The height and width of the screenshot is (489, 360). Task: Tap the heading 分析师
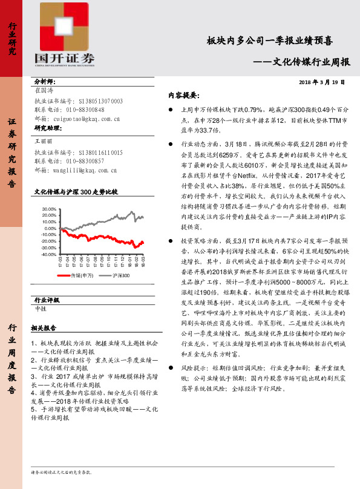click(45, 81)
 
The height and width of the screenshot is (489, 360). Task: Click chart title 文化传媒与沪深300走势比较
click(76, 191)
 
